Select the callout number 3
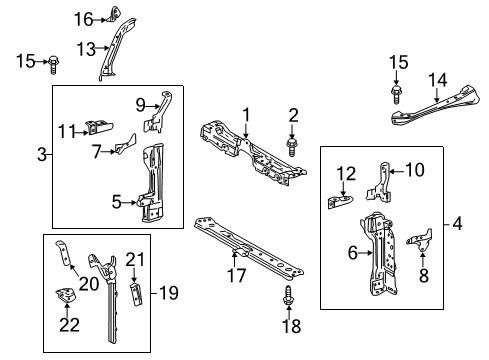(41, 153)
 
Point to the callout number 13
(88, 47)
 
